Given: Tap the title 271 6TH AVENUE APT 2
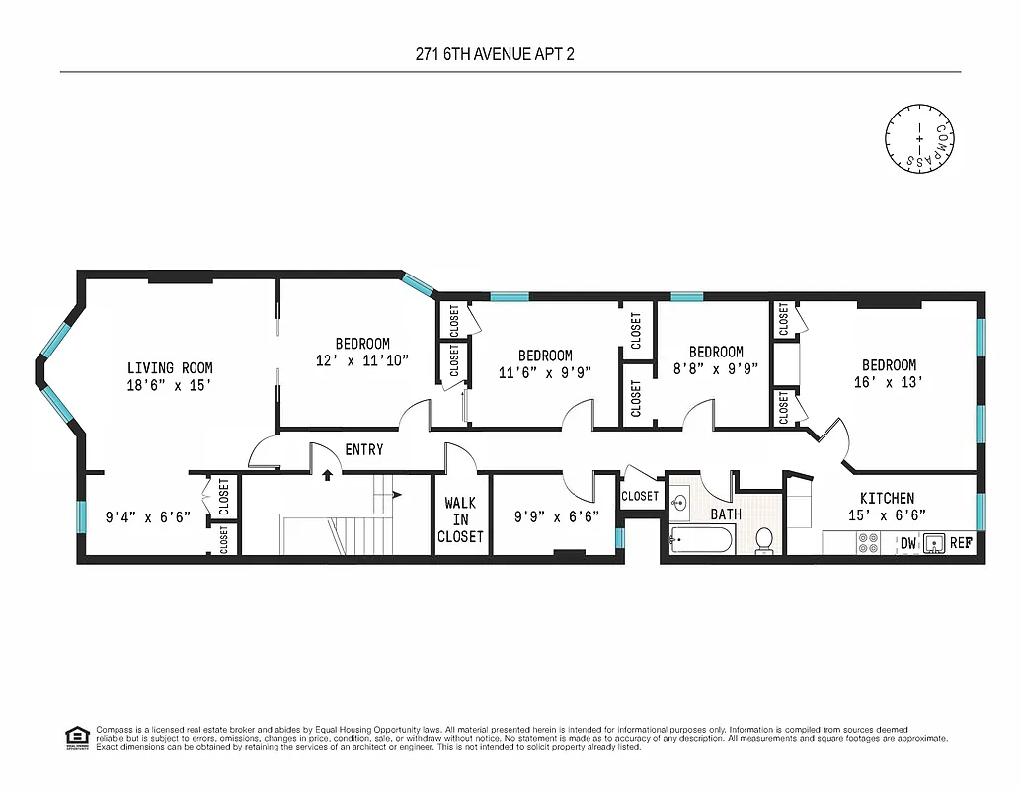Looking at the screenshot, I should (495, 53).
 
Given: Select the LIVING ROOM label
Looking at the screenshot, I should (170, 368).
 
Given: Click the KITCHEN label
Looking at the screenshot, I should (886, 498).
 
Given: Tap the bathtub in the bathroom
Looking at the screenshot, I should (701, 539).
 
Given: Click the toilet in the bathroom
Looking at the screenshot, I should (763, 540).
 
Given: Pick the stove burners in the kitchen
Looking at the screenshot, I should (868, 542).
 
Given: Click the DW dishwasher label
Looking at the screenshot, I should (906, 543).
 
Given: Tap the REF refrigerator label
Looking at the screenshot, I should (960, 543).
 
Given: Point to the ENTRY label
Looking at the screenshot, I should (363, 450).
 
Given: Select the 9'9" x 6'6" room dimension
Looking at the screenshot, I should (557, 515).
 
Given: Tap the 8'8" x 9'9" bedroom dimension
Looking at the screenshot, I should (716, 369).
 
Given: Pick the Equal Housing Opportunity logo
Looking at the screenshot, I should (75, 736).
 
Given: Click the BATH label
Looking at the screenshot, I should (726, 514).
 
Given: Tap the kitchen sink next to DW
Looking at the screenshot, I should (933, 542).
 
